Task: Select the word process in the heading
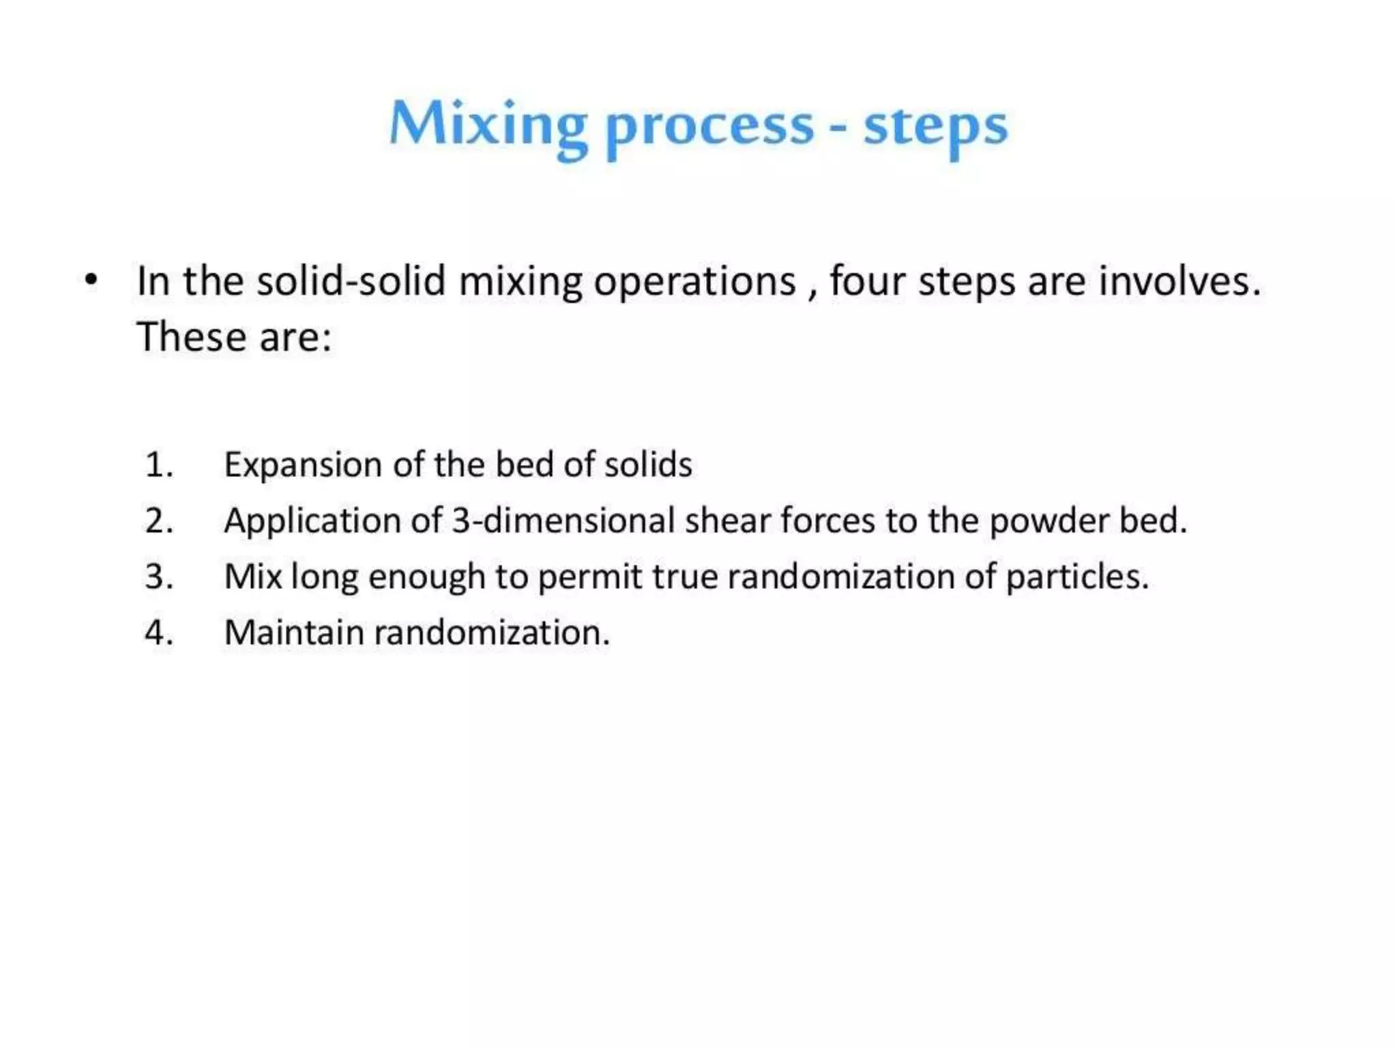709,128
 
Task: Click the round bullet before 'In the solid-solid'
91,280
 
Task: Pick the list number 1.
158,465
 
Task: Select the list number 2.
158,521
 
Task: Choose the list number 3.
158,577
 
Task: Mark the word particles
1077,577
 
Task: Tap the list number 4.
158,632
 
